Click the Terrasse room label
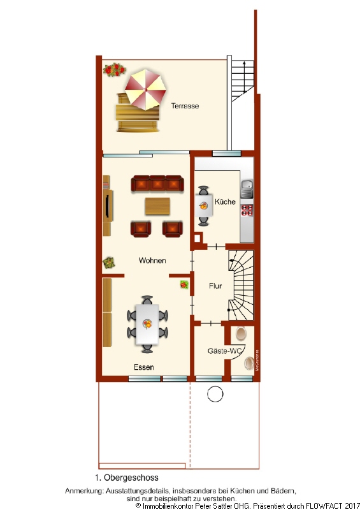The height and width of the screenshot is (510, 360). (185, 106)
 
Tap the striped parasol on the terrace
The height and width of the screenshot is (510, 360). (145, 90)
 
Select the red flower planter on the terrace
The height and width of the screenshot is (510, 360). (114, 68)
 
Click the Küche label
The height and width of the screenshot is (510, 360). (225, 201)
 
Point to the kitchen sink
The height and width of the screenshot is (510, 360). (247, 189)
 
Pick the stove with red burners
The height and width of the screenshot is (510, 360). (247, 212)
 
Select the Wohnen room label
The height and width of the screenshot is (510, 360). (152, 261)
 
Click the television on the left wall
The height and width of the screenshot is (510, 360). (107, 205)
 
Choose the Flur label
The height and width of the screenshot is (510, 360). (215, 286)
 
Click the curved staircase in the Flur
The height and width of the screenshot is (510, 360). (241, 284)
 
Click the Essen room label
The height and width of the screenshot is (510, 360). (143, 367)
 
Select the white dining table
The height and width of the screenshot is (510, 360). (148, 323)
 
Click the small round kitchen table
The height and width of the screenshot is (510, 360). (204, 205)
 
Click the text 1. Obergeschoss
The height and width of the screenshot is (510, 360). (127, 477)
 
